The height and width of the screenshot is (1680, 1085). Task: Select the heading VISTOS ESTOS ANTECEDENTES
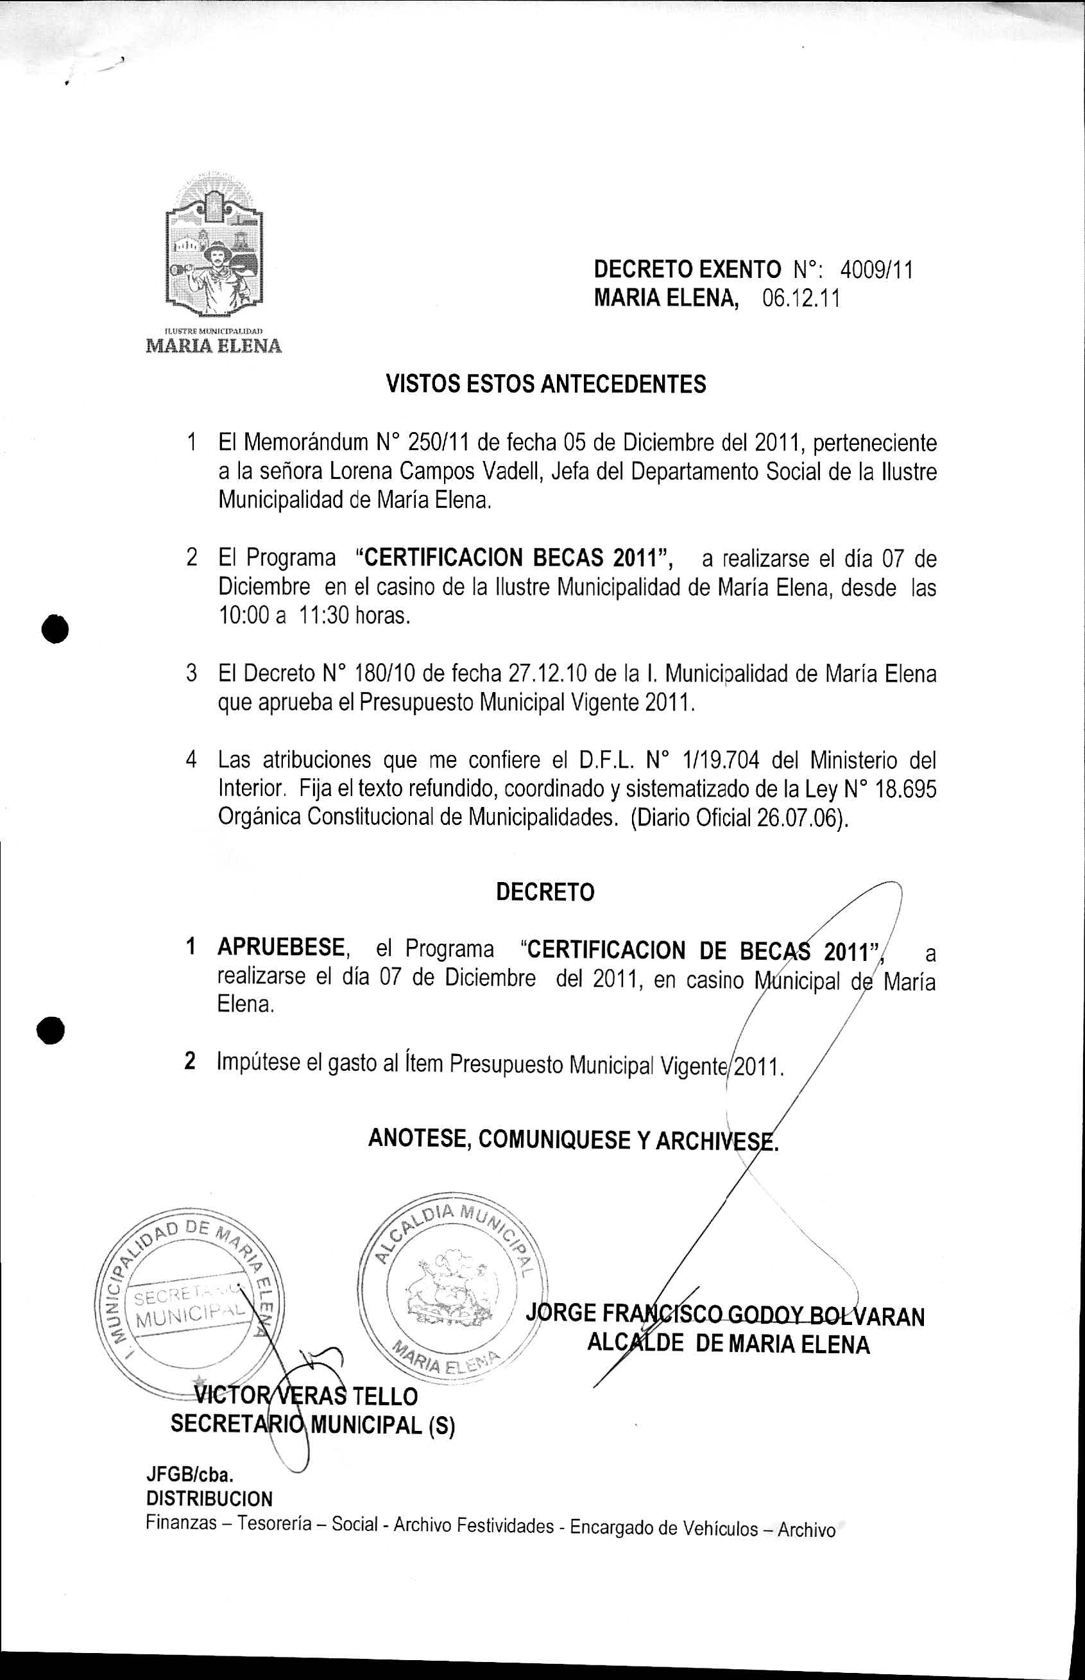[546, 384]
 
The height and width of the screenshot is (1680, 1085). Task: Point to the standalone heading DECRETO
[545, 892]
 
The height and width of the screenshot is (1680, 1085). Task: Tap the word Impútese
[257, 1062]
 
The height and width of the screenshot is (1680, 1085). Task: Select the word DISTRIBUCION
[209, 1498]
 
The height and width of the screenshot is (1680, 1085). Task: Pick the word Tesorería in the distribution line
[274, 1525]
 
